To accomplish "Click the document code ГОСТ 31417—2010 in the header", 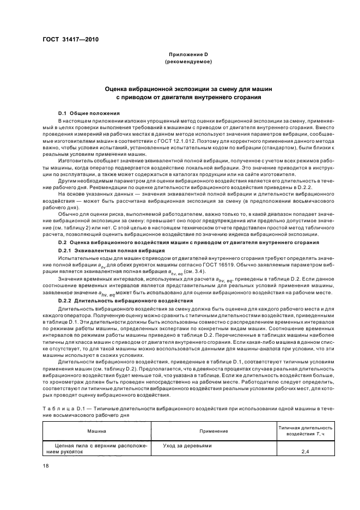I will [66, 40].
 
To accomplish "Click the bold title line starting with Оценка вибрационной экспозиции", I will [189, 88].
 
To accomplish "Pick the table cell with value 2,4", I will [306, 452].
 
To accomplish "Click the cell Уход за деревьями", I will [187, 445].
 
